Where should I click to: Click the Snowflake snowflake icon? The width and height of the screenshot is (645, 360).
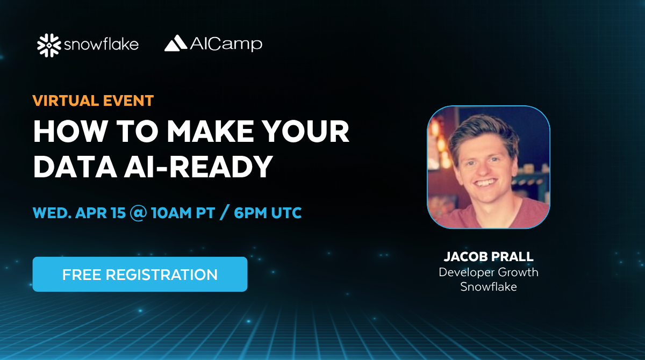coord(49,45)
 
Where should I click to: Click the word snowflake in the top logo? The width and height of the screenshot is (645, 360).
coord(101,44)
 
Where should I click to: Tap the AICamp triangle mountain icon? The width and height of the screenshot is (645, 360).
coord(176,43)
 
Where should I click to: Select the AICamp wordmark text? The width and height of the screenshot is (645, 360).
coord(226,44)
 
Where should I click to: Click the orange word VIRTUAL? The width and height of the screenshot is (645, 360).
coord(66,100)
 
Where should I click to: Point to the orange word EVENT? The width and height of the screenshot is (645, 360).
coord(128,100)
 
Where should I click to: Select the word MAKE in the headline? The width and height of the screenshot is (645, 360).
coord(211,131)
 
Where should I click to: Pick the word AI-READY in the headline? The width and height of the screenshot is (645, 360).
coord(198,167)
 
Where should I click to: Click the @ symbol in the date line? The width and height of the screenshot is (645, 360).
coord(139,213)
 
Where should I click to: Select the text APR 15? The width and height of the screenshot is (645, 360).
coord(101,213)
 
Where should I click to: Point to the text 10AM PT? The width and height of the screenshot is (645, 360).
coord(183,213)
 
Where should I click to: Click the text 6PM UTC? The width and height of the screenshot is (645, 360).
coord(268,213)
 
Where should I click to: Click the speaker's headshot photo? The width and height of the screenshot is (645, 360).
coord(489,167)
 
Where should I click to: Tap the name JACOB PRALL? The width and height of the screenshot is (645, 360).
coord(489,257)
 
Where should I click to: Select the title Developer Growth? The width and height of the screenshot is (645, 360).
coord(489,272)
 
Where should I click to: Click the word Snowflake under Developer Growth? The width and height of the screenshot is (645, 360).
coord(489,286)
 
